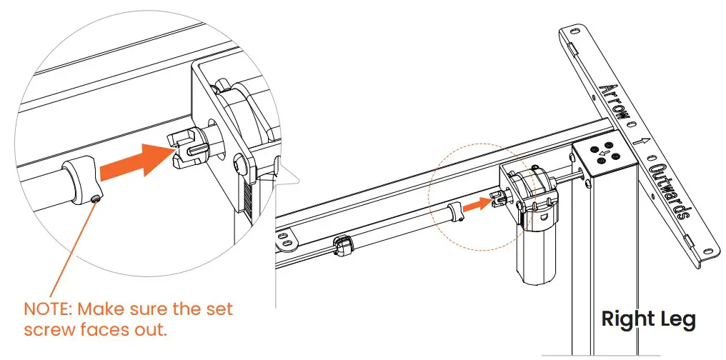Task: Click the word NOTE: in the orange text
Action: [48, 311]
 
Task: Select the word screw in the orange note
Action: [47, 331]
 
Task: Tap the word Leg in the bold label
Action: [677, 320]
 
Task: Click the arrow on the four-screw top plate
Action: [605, 152]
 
